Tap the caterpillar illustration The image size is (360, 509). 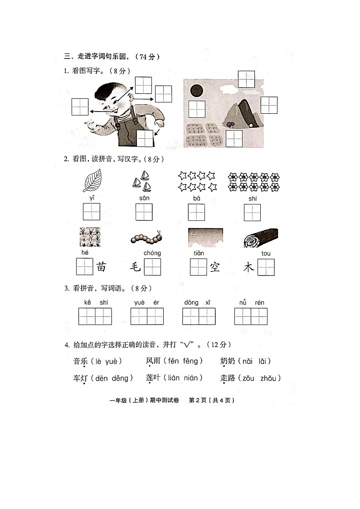[x=146, y=237]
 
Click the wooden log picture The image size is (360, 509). [x=260, y=238]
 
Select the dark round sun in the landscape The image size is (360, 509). [x=196, y=91]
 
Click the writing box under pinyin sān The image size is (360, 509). [x=144, y=212]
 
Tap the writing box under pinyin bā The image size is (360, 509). [x=196, y=212]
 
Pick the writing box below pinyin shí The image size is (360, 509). [x=252, y=212]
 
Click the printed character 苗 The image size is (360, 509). [x=101, y=267]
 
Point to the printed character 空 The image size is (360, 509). [x=214, y=267]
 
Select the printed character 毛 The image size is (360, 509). [x=136, y=267]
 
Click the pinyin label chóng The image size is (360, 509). [x=152, y=253]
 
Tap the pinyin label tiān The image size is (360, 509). [x=199, y=253]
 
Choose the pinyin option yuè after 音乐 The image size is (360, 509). [x=111, y=361]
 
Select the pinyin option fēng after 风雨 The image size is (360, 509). [x=190, y=361]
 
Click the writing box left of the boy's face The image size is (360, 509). [x=80, y=107]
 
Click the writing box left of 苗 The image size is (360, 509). [x=84, y=267]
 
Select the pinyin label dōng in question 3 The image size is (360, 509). [x=191, y=302]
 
